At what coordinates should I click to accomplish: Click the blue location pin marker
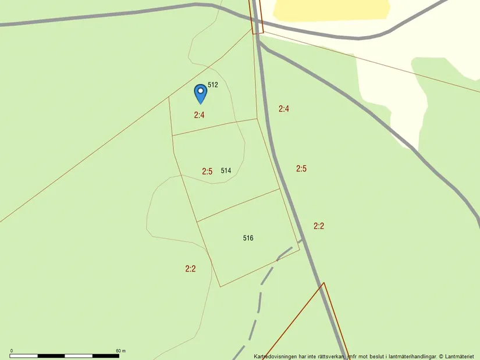tap(200, 93)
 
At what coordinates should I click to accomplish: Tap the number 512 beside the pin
tap(213, 85)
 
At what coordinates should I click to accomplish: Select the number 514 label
tap(226, 171)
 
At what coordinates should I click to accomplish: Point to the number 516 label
tap(248, 238)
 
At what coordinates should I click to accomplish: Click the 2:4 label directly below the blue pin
tap(199, 115)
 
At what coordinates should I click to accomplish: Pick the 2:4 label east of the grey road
tap(284, 109)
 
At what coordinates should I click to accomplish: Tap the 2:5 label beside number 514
tap(207, 172)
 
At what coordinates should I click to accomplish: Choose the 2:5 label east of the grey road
tap(301, 169)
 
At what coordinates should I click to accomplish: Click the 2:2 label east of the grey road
tap(319, 226)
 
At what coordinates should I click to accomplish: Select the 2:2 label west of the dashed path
tap(190, 269)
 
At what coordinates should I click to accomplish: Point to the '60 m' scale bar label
tap(120, 351)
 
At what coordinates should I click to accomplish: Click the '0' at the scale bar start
tap(12, 351)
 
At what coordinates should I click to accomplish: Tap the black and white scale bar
tap(65, 355)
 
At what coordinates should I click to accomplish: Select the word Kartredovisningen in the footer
tap(275, 356)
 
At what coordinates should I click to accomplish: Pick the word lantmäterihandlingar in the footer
tap(409, 356)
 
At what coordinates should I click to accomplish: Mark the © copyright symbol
tap(441, 356)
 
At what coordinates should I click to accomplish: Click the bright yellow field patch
tap(331, 9)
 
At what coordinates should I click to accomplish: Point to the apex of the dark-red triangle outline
tap(323, 283)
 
